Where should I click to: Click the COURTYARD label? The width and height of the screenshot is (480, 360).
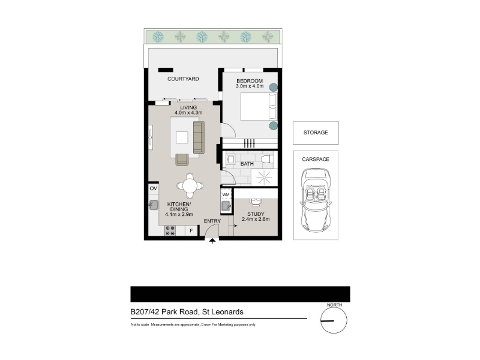click(183, 79)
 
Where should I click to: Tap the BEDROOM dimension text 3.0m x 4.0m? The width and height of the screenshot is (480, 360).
click(250, 86)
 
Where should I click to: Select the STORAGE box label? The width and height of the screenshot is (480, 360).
click(316, 133)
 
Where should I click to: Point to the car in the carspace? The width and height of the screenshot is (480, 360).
click(316, 200)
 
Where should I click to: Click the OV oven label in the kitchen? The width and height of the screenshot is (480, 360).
click(154, 188)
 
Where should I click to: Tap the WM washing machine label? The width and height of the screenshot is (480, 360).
click(226, 194)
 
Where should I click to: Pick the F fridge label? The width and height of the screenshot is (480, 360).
click(191, 231)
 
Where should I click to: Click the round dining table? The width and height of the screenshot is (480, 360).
click(190, 185)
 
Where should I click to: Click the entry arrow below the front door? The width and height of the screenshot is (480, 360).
click(212, 241)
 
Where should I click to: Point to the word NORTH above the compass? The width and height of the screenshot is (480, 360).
click(334, 305)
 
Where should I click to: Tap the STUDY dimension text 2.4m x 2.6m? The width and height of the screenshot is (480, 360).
click(256, 219)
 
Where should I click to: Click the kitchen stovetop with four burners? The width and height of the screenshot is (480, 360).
click(170, 231)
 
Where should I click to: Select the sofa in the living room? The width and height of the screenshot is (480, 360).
click(199, 137)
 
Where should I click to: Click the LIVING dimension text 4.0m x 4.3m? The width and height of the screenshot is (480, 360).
click(188, 113)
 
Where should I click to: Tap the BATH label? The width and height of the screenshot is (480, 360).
click(247, 164)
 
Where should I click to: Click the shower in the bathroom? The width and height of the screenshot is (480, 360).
click(264, 177)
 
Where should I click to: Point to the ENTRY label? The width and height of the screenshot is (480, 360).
click(212, 221)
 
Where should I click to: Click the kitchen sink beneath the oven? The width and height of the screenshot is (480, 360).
click(154, 205)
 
